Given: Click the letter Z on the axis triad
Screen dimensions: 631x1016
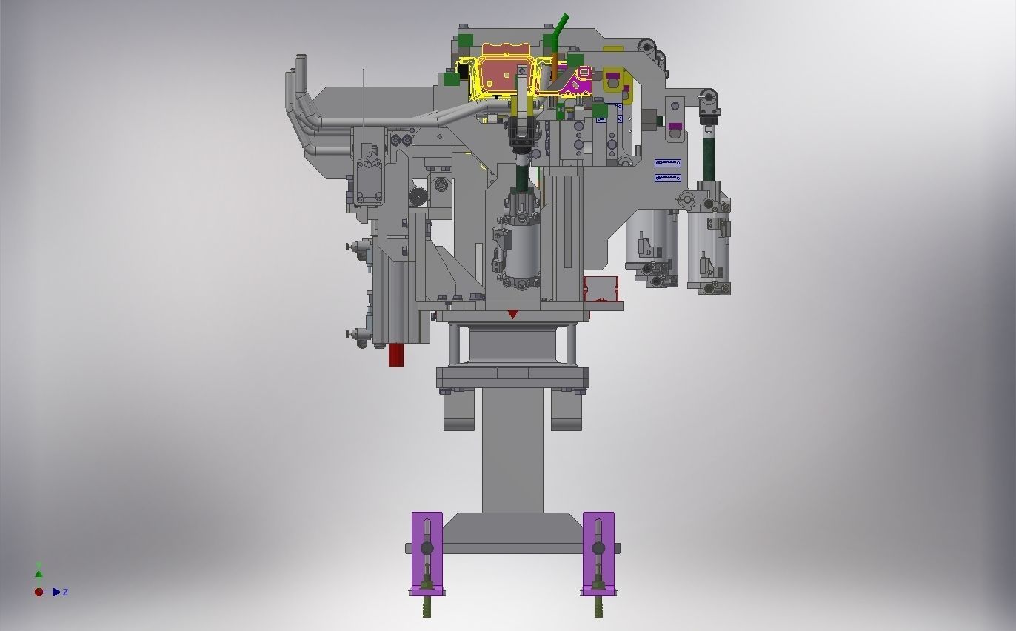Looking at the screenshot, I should pyautogui.click(x=66, y=592).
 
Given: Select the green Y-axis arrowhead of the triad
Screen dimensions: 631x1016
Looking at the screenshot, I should pyautogui.click(x=39, y=572).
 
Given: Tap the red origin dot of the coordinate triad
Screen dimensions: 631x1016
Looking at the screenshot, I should pyautogui.click(x=39, y=592).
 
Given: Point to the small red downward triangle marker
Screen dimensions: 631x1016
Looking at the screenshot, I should pyautogui.click(x=512, y=315).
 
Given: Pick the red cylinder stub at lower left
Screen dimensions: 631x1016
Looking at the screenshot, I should pyautogui.click(x=397, y=355).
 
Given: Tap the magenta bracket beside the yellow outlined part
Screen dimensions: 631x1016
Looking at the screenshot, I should pyautogui.click(x=576, y=83).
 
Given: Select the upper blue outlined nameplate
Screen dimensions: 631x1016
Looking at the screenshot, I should pyautogui.click(x=667, y=163).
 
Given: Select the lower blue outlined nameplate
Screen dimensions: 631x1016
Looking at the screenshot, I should pyautogui.click(x=667, y=178).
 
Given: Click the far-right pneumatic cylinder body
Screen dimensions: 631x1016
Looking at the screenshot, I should pyautogui.click(x=709, y=248).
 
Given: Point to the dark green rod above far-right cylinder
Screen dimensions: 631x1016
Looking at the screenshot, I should pyautogui.click(x=709, y=152).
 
